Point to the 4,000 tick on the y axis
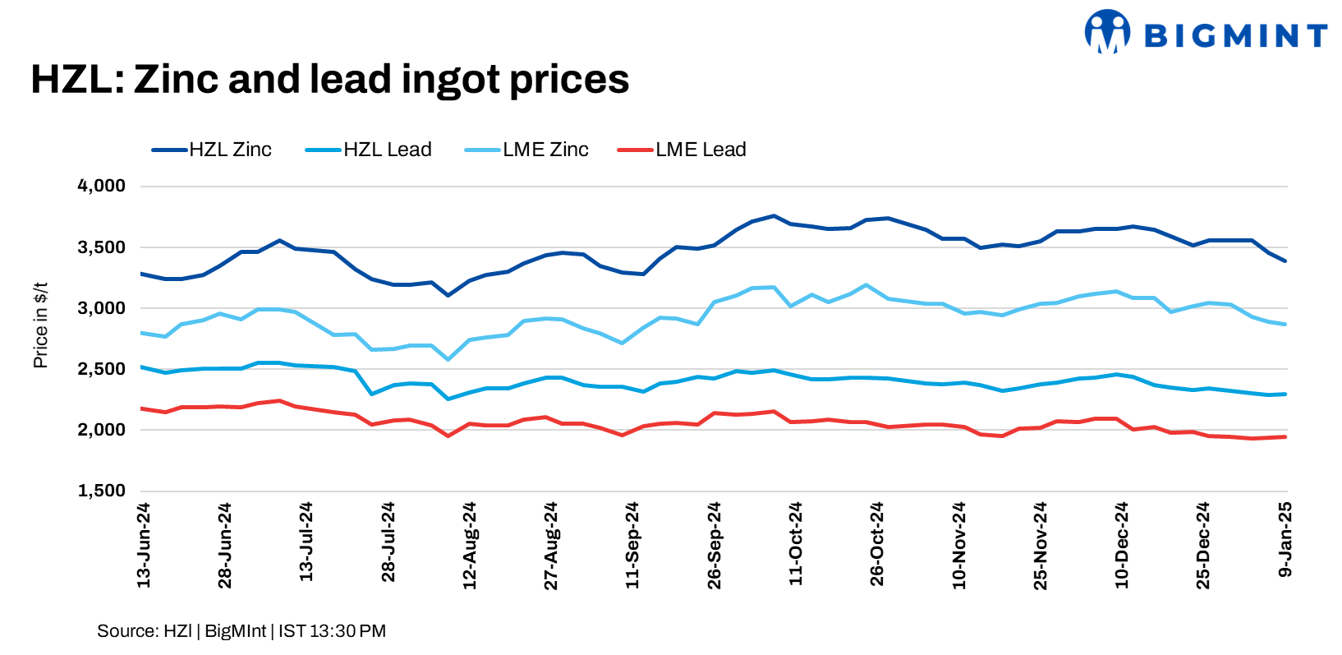(102, 186)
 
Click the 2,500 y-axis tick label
(102, 369)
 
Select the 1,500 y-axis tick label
(102, 491)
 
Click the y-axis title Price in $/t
(40, 325)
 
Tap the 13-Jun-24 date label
(144, 545)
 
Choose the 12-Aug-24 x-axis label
(470, 545)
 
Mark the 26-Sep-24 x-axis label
(715, 545)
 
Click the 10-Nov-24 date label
(959, 545)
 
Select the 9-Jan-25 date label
(1285, 538)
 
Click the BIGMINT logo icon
(1106, 32)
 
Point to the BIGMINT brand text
(1234, 35)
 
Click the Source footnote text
(241, 631)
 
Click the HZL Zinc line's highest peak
(773, 215)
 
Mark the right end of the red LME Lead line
(1285, 437)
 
